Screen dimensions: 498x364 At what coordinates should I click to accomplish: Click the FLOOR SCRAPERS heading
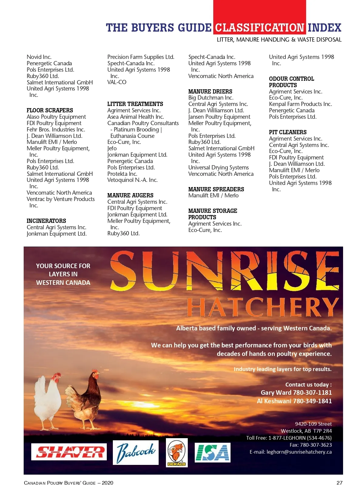[50, 110]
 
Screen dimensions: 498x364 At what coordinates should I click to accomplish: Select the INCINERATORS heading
[46, 221]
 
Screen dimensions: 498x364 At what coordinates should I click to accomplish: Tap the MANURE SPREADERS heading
[216, 189]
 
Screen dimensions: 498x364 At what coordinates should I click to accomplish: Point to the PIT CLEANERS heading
[288, 132]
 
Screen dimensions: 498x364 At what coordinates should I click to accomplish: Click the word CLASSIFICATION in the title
[260, 28]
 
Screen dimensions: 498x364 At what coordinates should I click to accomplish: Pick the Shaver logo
[69, 452]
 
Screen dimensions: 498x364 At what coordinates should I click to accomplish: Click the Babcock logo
[136, 452]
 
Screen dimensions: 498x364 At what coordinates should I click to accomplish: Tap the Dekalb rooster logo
[177, 452]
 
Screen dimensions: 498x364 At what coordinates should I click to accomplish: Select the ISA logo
[212, 452]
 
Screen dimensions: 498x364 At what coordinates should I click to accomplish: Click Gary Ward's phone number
[312, 393]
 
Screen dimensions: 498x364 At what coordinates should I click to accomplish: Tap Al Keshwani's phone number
[312, 401]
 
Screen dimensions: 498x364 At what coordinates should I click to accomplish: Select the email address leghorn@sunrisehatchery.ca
[299, 452]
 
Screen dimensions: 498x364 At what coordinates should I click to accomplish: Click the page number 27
[339, 483]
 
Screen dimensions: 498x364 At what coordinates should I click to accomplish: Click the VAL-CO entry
[117, 82]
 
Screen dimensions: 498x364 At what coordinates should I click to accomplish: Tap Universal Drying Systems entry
[218, 167]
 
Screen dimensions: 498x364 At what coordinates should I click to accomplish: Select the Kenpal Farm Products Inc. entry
[300, 104]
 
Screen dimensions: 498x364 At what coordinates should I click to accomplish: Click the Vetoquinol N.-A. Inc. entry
[132, 180]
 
